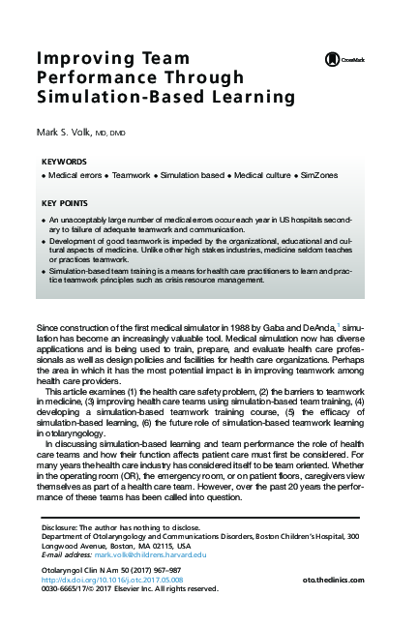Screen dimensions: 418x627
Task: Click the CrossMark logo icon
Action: pos(332,59)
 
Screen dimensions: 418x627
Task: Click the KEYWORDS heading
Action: pos(65,161)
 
